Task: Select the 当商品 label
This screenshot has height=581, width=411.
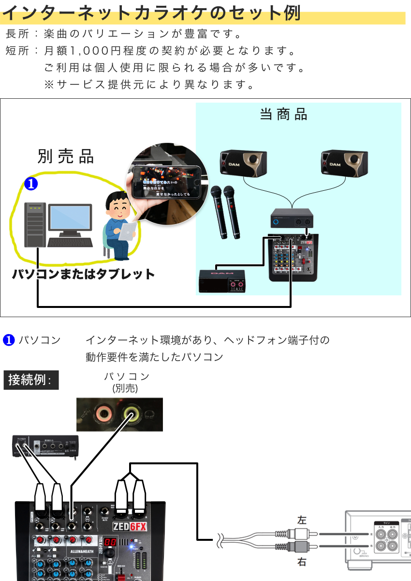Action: [x=283, y=114]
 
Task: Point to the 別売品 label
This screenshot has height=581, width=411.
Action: [x=66, y=156]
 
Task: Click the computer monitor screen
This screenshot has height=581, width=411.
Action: [x=70, y=217]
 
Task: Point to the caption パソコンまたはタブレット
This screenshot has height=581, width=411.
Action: [x=83, y=274]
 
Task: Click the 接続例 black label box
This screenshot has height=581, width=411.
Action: [x=31, y=380]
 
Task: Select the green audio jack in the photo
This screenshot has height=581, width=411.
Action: [x=131, y=414]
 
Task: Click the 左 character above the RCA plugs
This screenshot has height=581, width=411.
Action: [x=302, y=520]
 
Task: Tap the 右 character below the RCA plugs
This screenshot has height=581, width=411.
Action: [x=302, y=563]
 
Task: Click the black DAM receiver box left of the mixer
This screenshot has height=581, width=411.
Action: [x=222, y=280]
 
